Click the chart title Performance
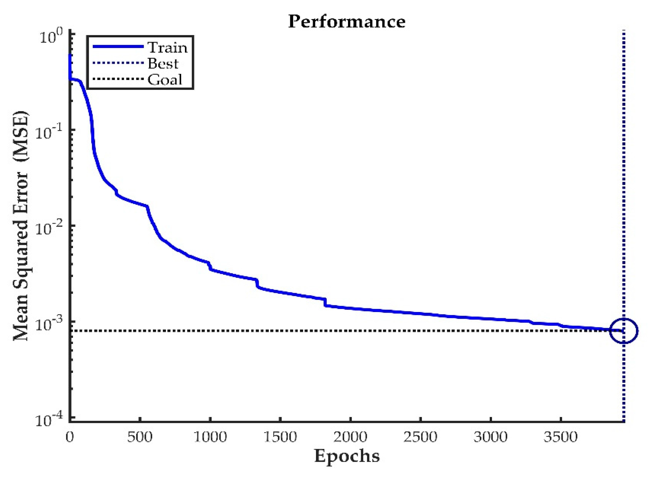tap(347, 22)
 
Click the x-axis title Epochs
tap(347, 456)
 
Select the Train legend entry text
tap(168, 48)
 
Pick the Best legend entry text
tap(163, 63)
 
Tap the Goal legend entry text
tap(165, 80)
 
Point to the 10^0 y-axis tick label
tap(50, 37)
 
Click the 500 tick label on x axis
tap(140, 437)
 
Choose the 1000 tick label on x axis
tap(210, 437)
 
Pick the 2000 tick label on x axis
tap(350, 437)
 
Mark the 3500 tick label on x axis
tap(560, 437)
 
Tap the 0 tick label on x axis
tap(70, 437)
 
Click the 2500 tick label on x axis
tap(420, 437)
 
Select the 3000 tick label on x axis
tap(490, 437)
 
